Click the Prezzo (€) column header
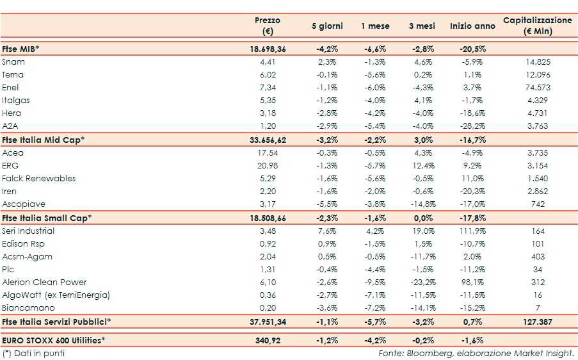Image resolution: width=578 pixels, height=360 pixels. [x=267, y=26]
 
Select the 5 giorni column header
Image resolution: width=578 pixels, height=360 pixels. [x=327, y=26]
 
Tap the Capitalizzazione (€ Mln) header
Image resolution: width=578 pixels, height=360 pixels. [x=537, y=26]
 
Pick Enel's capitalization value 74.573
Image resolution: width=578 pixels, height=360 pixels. [x=537, y=88]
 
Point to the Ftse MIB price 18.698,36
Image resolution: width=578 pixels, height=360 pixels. [x=267, y=49]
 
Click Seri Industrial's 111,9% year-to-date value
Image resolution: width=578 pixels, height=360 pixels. [x=472, y=231]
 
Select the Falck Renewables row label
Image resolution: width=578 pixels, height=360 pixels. [x=38, y=179]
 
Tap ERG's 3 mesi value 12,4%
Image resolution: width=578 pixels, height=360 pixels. [x=422, y=166]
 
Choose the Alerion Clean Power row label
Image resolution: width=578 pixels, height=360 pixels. [x=44, y=282]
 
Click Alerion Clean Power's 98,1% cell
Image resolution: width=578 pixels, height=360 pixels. [x=472, y=282]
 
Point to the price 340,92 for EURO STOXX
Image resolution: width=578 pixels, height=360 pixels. [x=267, y=340]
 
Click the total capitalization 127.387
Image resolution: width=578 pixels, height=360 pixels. [x=537, y=322]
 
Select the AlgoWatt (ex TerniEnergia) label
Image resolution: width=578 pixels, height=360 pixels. [x=56, y=295]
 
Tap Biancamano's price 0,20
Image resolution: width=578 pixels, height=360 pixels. [x=267, y=308]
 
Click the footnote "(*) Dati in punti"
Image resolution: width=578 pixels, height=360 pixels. [x=33, y=353]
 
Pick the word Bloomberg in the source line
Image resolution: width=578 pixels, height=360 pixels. [x=428, y=353]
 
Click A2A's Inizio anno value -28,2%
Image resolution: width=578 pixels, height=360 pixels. [x=472, y=126]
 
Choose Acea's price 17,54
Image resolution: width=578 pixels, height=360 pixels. [x=267, y=153]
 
